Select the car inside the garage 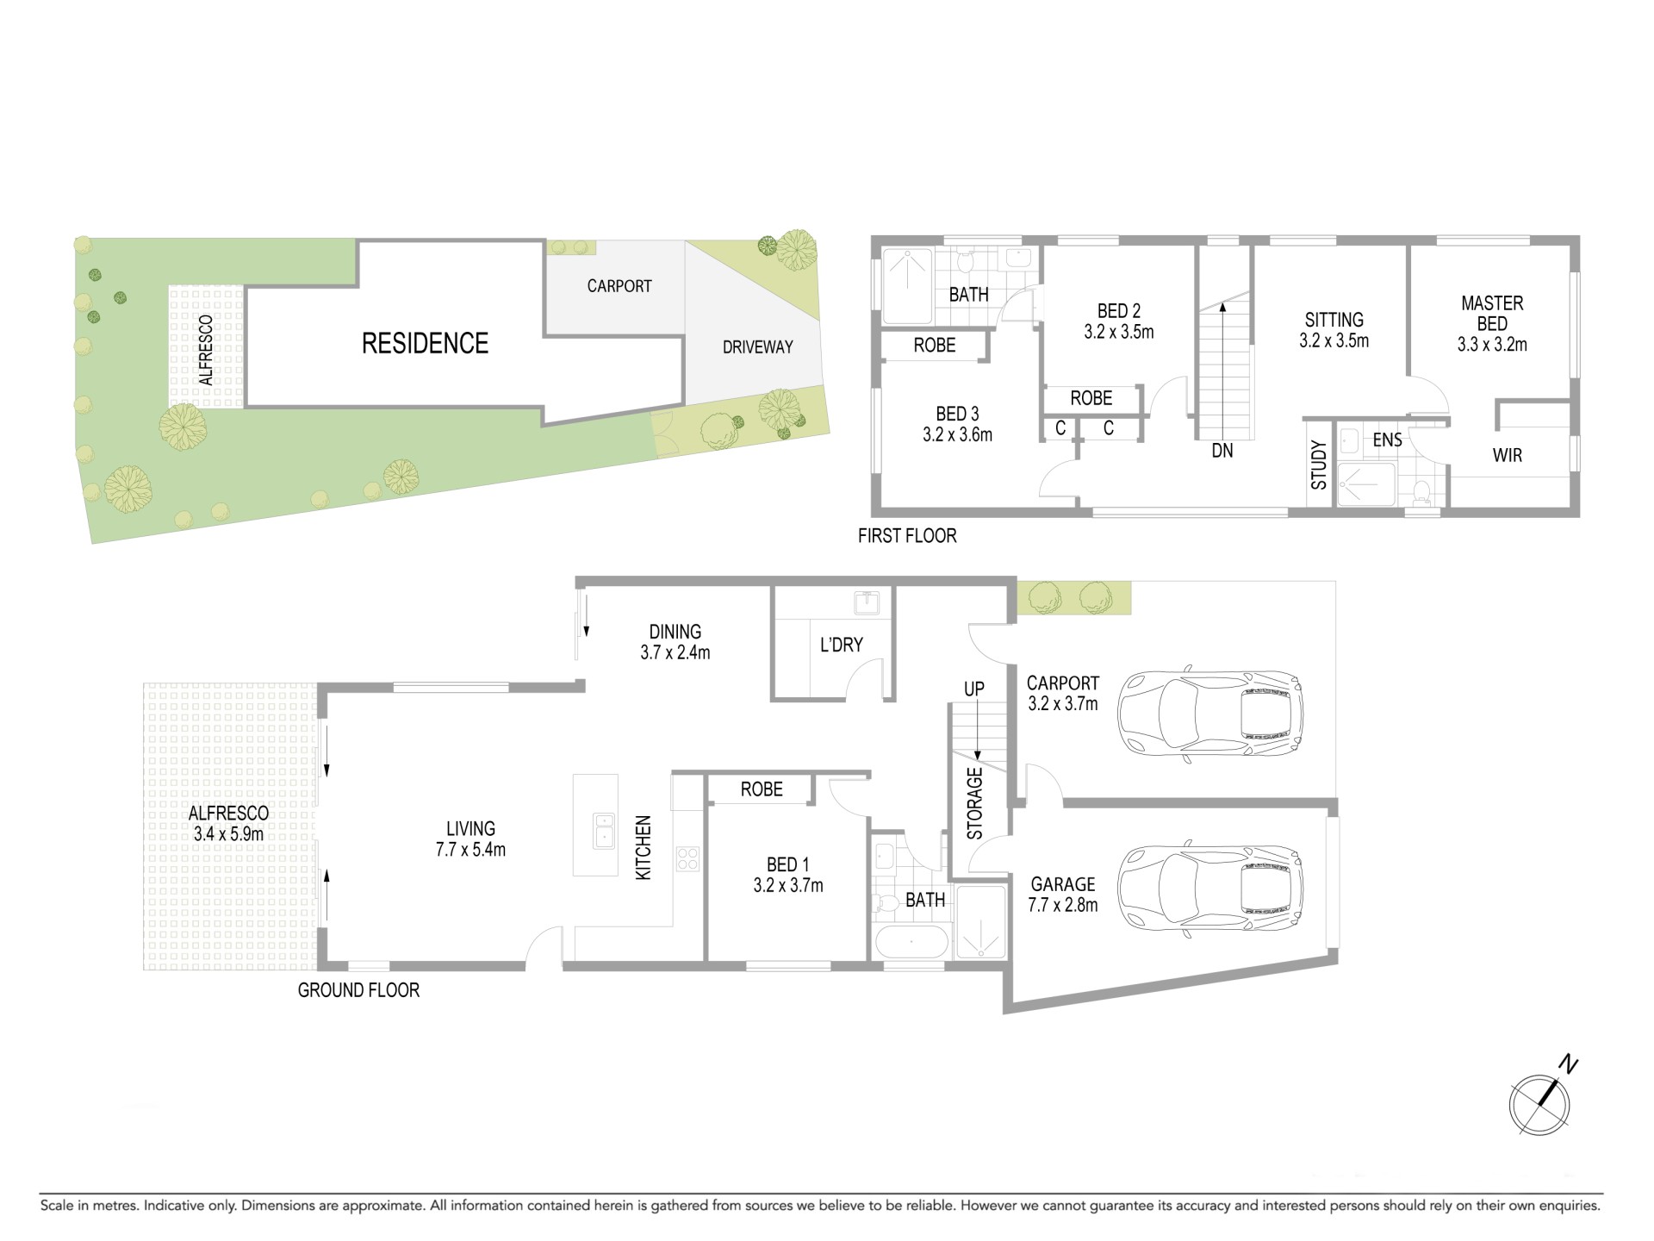[1210, 889]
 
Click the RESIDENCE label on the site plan [425, 343]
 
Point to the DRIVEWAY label [758, 347]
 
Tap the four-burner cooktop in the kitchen [688, 858]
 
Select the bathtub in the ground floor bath [912, 943]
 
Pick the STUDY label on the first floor [1319, 465]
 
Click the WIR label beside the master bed [1508, 456]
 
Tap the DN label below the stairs [1222, 451]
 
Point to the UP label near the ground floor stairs [974, 689]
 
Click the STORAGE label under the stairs [974, 803]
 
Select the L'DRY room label [841, 645]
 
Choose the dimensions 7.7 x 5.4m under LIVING [470, 850]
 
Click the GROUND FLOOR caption [358, 990]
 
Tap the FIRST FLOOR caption [907, 536]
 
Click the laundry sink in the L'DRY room [865, 602]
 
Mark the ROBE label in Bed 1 [762, 789]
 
